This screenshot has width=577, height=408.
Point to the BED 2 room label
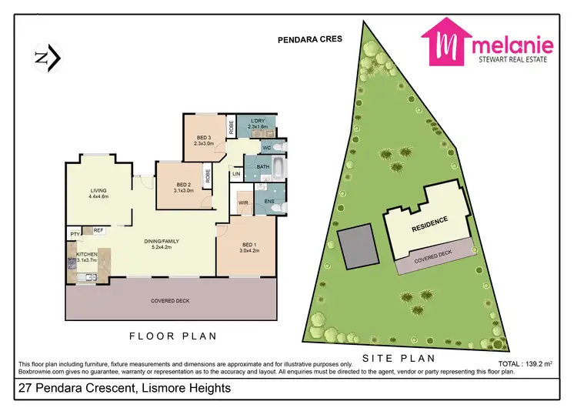click(x=183, y=187)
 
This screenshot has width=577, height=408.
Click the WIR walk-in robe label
click(x=244, y=203)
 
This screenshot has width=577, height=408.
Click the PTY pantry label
click(x=75, y=232)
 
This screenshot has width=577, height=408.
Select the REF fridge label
click(x=98, y=229)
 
